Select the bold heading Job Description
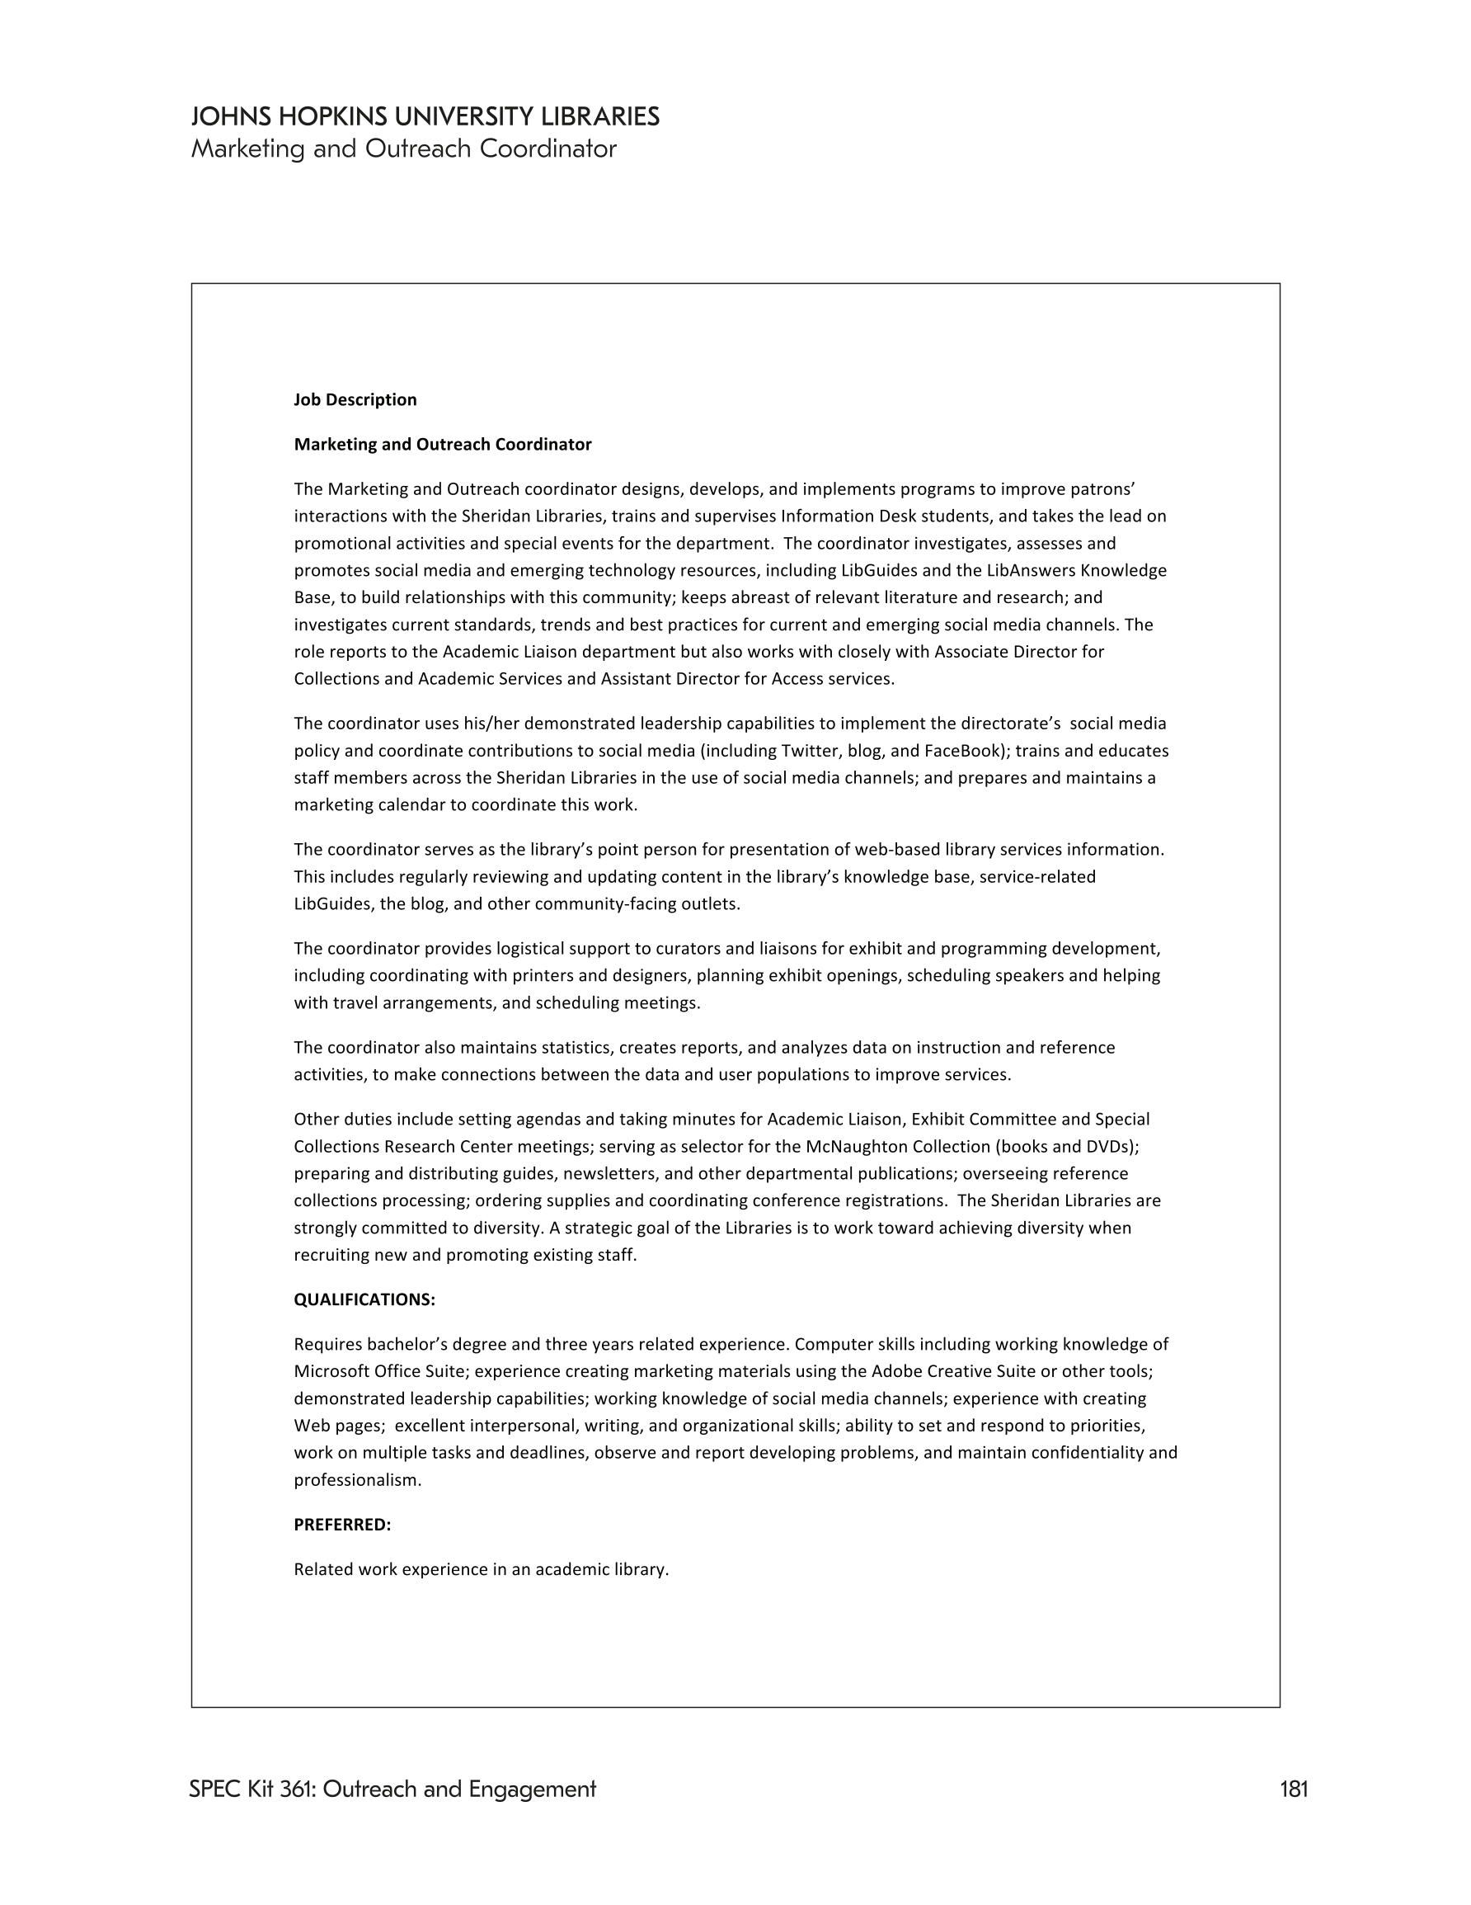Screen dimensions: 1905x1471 coord(355,399)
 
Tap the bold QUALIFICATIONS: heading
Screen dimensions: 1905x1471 coord(364,1299)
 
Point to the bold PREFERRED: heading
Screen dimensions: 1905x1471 coord(342,1525)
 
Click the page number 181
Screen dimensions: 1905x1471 coord(1294,1789)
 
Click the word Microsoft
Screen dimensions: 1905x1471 coord(331,1371)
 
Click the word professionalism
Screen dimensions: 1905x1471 coord(357,1480)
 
